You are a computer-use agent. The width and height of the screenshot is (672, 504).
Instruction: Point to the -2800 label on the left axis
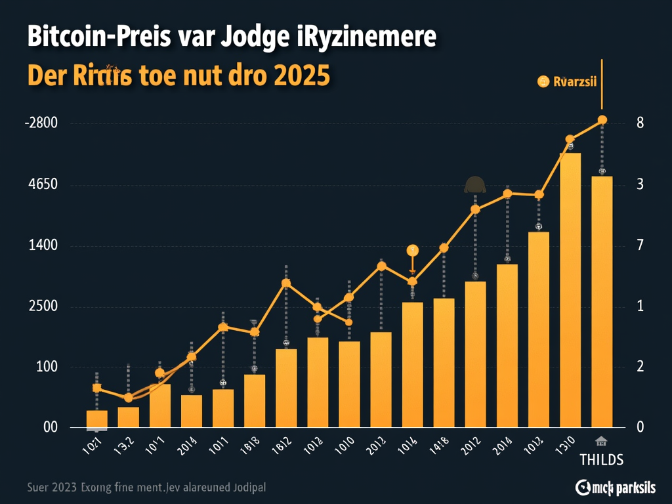[41, 123]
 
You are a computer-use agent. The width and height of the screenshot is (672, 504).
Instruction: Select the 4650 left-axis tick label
[43, 184]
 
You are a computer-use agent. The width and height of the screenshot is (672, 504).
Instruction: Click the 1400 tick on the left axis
[43, 245]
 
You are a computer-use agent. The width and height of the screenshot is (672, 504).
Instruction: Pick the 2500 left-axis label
[43, 306]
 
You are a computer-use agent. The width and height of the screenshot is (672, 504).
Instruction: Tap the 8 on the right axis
[640, 123]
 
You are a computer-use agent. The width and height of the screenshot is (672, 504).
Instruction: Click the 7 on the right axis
[640, 245]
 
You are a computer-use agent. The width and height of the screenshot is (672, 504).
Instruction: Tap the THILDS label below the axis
[602, 459]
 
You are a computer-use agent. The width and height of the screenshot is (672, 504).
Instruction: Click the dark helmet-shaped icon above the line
[474, 185]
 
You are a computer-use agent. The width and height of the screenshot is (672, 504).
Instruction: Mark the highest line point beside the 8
[602, 119]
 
